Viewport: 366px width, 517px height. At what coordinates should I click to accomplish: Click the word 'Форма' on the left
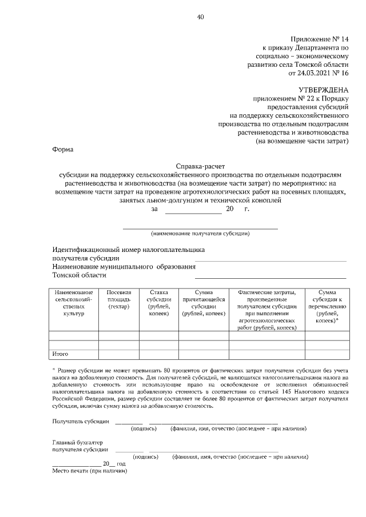click(63, 150)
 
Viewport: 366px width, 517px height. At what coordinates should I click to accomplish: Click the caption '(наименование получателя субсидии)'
click(200, 233)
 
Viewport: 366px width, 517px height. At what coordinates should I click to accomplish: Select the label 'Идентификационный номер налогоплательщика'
click(129, 250)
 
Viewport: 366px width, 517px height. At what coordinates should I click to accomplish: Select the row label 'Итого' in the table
click(60, 354)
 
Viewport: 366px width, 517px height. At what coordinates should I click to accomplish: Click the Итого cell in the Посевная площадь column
click(118, 354)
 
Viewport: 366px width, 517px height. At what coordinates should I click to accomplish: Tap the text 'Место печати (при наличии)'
click(89, 471)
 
